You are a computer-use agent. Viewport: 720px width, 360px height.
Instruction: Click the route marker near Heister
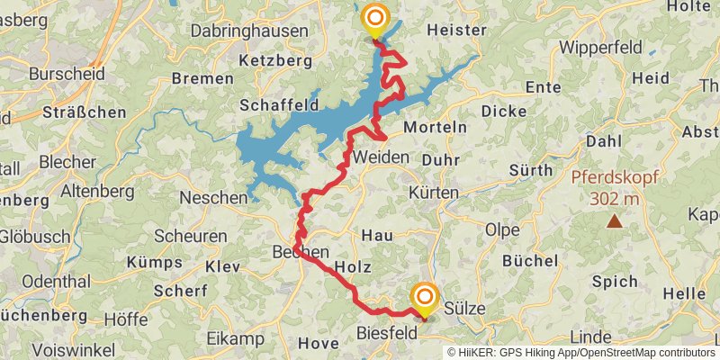(375, 19)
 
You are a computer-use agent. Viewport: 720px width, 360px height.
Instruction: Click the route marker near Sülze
(424, 298)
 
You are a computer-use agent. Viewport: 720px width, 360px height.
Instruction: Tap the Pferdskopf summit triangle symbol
(614, 220)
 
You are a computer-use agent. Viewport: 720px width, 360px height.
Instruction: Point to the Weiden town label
(381, 157)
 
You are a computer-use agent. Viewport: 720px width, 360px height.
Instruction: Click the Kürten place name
(434, 193)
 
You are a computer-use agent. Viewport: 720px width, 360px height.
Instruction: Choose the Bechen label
(301, 253)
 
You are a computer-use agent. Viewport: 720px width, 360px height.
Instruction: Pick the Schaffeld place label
(279, 105)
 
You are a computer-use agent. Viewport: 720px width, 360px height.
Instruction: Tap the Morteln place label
(435, 127)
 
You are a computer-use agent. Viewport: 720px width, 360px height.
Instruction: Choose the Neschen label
(213, 196)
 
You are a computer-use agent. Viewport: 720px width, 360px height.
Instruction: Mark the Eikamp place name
(235, 338)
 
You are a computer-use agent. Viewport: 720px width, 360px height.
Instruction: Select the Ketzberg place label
(276, 61)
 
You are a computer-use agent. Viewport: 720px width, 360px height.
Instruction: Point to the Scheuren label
(190, 236)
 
